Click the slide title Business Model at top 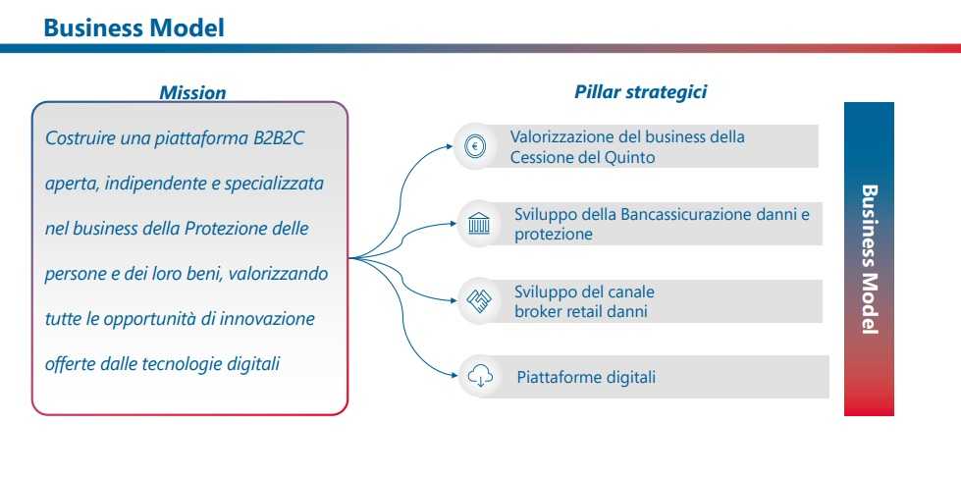tap(134, 27)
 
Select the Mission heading tap(192, 92)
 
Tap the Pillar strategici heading tap(640, 92)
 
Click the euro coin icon tap(475, 146)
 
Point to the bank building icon tap(479, 225)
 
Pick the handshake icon tap(479, 301)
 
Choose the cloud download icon tap(480, 376)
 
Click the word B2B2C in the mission tap(279, 138)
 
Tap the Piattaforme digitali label tap(586, 376)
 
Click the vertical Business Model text tap(870, 259)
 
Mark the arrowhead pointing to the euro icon tap(450, 146)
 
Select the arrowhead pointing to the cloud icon tap(454, 375)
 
